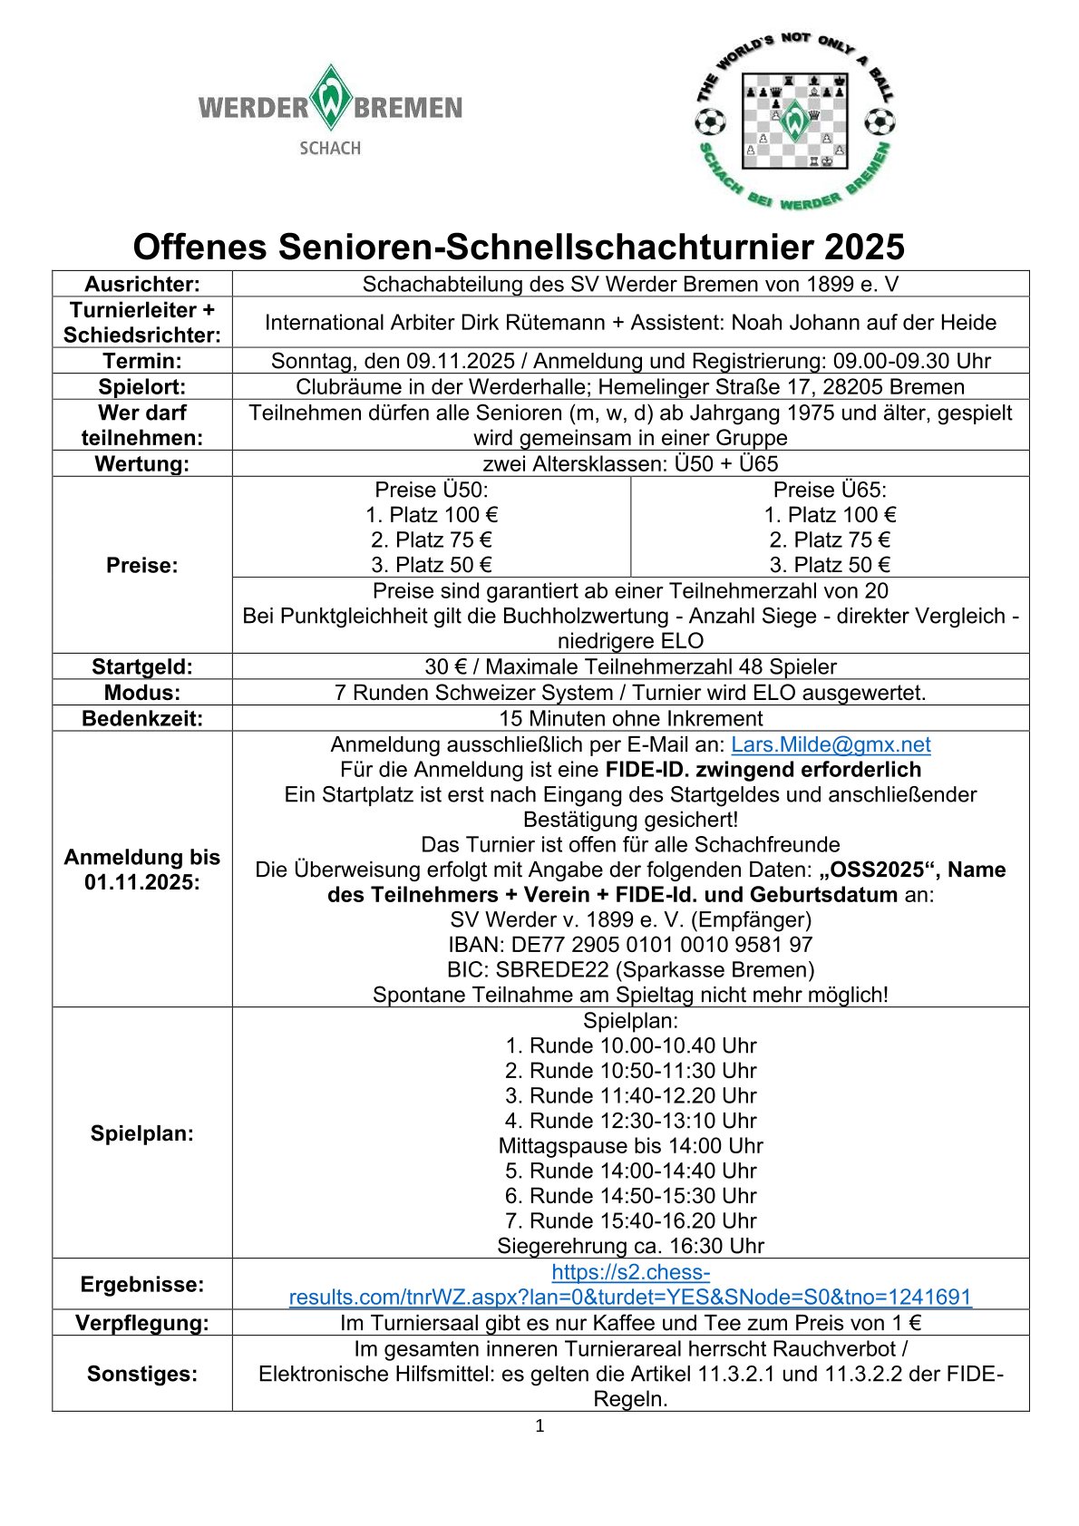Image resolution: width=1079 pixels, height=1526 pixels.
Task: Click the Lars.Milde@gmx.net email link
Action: coord(831,744)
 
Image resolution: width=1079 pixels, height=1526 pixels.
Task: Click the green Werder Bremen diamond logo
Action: coord(330,98)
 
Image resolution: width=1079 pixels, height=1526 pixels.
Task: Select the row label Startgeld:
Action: coord(142,666)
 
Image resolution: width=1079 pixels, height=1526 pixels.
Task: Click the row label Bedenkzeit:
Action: coord(142,718)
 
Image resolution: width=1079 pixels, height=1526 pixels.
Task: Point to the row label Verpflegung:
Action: coord(142,1322)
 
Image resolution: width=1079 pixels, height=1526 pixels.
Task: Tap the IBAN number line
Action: coord(630,944)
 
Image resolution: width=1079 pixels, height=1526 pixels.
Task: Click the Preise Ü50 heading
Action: coord(432,490)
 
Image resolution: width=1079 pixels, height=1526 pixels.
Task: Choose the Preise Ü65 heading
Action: coord(830,490)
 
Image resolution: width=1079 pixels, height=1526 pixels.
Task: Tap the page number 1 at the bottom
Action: coord(539,1426)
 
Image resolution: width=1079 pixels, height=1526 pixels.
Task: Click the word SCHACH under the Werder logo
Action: coord(330,148)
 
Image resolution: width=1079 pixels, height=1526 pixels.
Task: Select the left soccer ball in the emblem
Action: coord(710,121)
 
